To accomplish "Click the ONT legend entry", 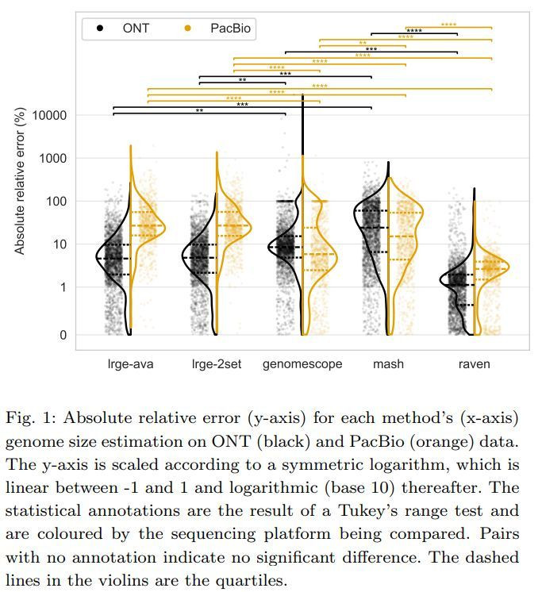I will coord(135,29).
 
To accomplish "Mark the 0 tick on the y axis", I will coord(63,336).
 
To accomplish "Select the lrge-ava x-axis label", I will coord(130,364).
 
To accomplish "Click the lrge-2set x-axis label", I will coord(216,364).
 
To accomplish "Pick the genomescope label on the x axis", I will coord(302,364).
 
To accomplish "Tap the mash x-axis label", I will coord(388,364).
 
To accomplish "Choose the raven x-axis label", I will coord(474,364).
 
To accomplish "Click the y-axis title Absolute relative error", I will coord(20,183).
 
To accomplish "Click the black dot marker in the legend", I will coord(101,29).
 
